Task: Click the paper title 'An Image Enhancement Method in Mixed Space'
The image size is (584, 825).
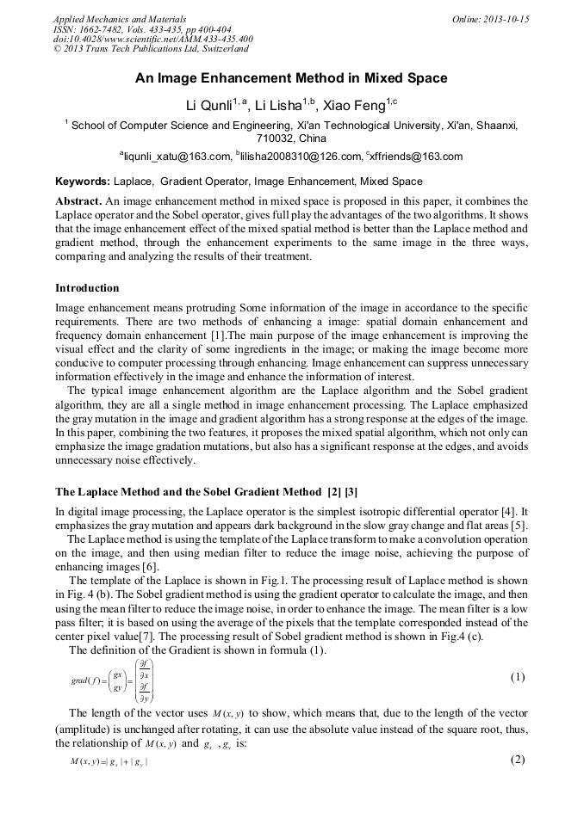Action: pyautogui.click(x=291, y=78)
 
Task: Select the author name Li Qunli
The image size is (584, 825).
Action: pyautogui.click(x=211, y=106)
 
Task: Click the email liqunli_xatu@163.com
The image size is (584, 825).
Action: pyautogui.click(x=178, y=157)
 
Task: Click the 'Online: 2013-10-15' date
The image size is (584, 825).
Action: pyautogui.click(x=490, y=19)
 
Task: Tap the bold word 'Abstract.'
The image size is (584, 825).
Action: pyautogui.click(x=78, y=200)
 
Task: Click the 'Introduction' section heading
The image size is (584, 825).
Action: pyautogui.click(x=87, y=288)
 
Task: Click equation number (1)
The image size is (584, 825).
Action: pyautogui.click(x=517, y=677)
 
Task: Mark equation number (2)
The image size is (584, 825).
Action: pyautogui.click(x=517, y=759)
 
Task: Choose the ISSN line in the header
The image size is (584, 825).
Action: pyautogui.click(x=136, y=29)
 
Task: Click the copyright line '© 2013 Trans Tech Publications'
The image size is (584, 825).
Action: pyautogui.click(x=151, y=50)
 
